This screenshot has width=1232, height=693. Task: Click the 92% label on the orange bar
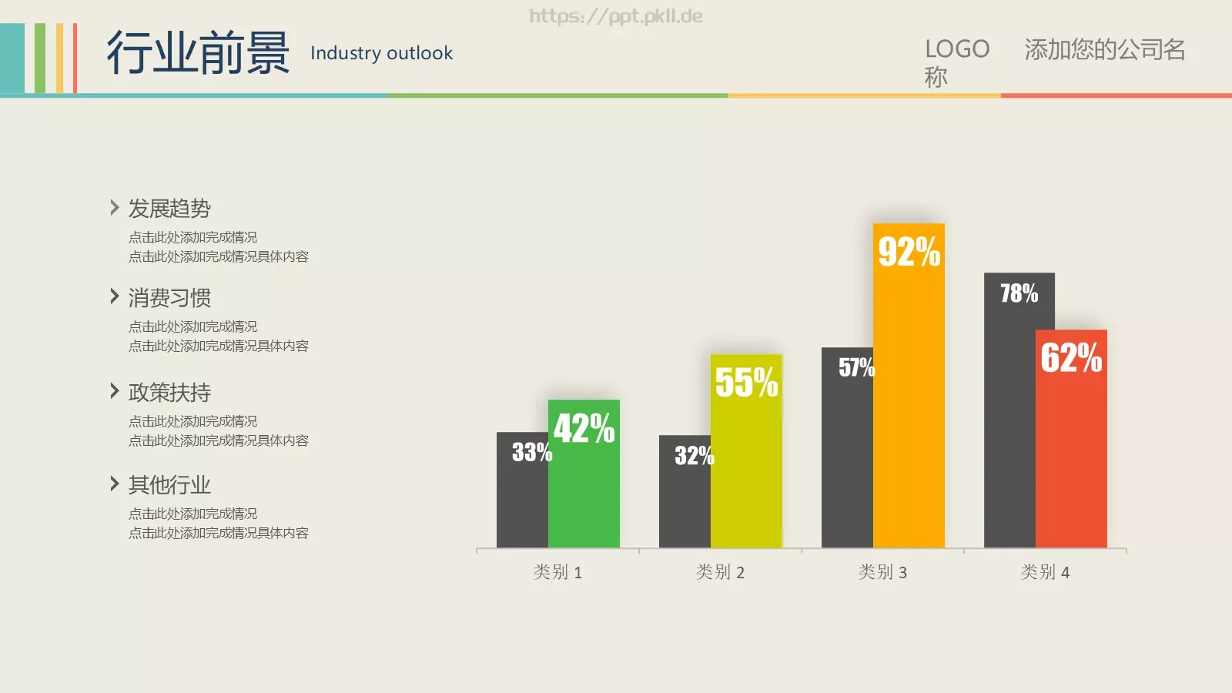click(909, 252)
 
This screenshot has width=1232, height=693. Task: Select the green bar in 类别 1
click(584, 474)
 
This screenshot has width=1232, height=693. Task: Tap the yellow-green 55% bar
click(746, 451)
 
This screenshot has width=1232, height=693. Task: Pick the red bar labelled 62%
click(1071, 439)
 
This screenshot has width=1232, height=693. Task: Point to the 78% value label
click(1019, 293)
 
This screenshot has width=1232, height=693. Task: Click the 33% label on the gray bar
click(532, 452)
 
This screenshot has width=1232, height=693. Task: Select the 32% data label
click(695, 455)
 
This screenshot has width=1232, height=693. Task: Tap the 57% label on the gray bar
click(856, 367)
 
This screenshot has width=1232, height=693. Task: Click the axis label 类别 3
click(882, 572)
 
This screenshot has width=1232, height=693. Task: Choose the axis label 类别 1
click(557, 572)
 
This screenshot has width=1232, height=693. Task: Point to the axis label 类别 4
click(1045, 572)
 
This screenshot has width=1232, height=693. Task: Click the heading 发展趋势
click(169, 209)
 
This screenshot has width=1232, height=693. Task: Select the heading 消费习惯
click(169, 297)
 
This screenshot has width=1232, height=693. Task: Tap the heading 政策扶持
click(169, 392)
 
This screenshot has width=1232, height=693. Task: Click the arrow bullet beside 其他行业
click(115, 484)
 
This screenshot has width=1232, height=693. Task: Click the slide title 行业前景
click(198, 53)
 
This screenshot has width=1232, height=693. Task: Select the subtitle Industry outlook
click(382, 53)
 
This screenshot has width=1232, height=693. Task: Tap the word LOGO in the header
click(957, 49)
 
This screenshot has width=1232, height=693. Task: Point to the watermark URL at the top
click(616, 16)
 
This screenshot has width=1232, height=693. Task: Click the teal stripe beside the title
click(12, 59)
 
